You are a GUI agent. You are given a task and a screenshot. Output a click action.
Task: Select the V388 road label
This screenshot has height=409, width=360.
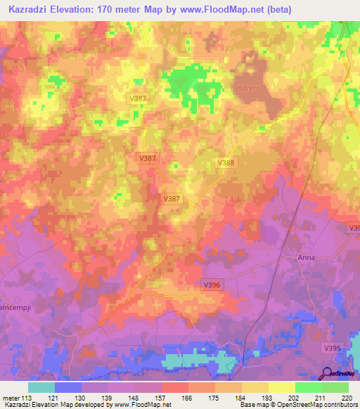(226, 162)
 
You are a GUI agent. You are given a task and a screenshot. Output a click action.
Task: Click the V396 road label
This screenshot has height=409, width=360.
(211, 285)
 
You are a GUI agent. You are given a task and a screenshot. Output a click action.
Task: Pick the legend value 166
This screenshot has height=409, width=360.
(188, 398)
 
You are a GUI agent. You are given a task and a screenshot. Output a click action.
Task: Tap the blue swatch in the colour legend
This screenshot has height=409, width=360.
(68, 387)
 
